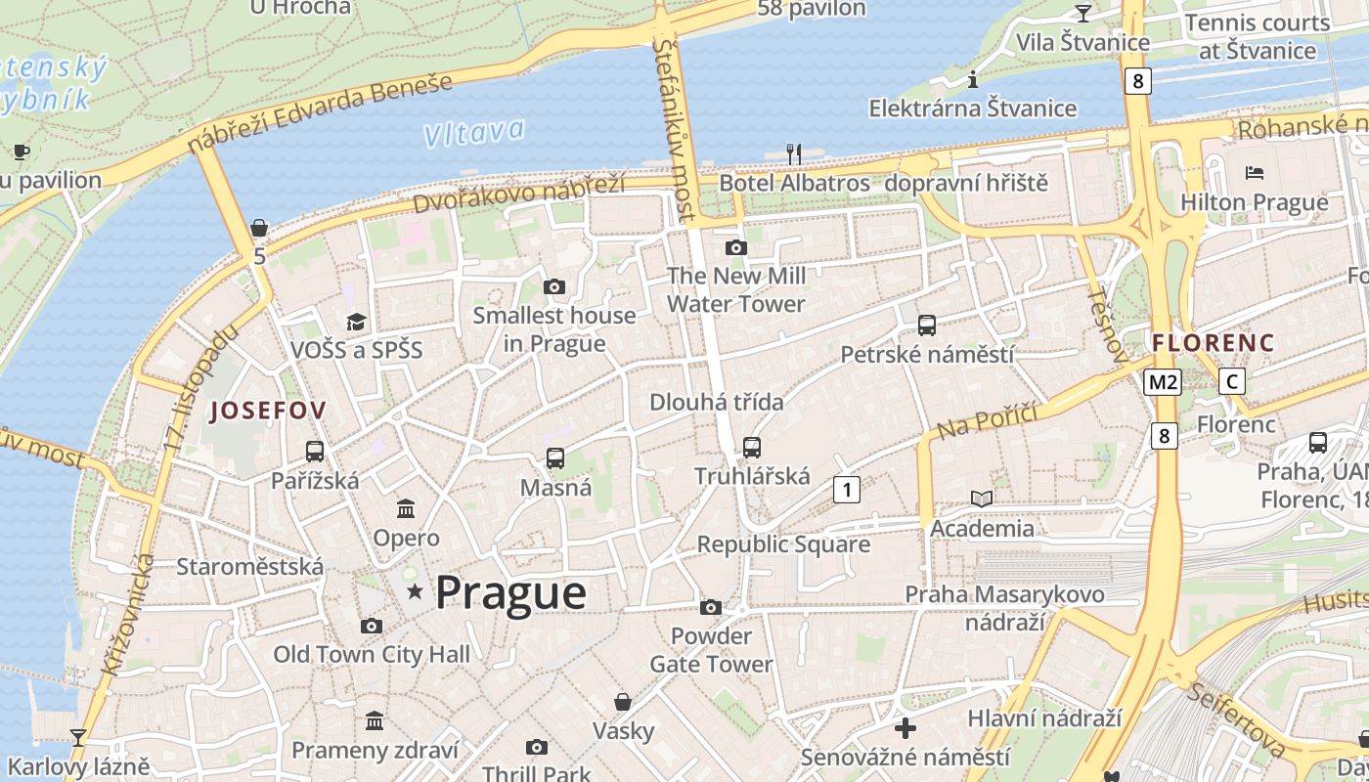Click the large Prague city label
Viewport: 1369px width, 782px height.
pyautogui.click(x=510, y=592)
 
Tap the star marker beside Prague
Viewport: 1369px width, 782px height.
pyautogui.click(x=416, y=590)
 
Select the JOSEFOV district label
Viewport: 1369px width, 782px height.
pyautogui.click(x=267, y=411)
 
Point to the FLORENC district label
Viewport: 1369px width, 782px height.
pyautogui.click(x=1213, y=343)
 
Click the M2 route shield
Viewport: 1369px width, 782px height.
pyautogui.click(x=1163, y=381)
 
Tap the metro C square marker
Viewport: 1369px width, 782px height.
pyautogui.click(x=1232, y=381)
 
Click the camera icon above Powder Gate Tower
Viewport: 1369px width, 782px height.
pyautogui.click(x=711, y=607)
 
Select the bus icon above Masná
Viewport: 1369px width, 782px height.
pyautogui.click(x=555, y=457)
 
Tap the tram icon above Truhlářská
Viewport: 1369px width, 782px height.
pyautogui.click(x=751, y=447)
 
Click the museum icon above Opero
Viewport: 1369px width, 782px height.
pyautogui.click(x=406, y=508)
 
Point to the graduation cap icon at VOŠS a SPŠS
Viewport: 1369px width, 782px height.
pyautogui.click(x=356, y=322)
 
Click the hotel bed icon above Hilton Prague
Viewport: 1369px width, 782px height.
pyautogui.click(x=1255, y=173)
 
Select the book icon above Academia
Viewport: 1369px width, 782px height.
pyautogui.click(x=982, y=499)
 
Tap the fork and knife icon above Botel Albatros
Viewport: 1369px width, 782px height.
pyautogui.click(x=794, y=153)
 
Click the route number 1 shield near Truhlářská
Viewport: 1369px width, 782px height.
pyautogui.click(x=847, y=489)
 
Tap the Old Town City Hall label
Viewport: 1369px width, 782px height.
pyautogui.click(x=372, y=655)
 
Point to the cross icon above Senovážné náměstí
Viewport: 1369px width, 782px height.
pyautogui.click(x=905, y=728)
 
